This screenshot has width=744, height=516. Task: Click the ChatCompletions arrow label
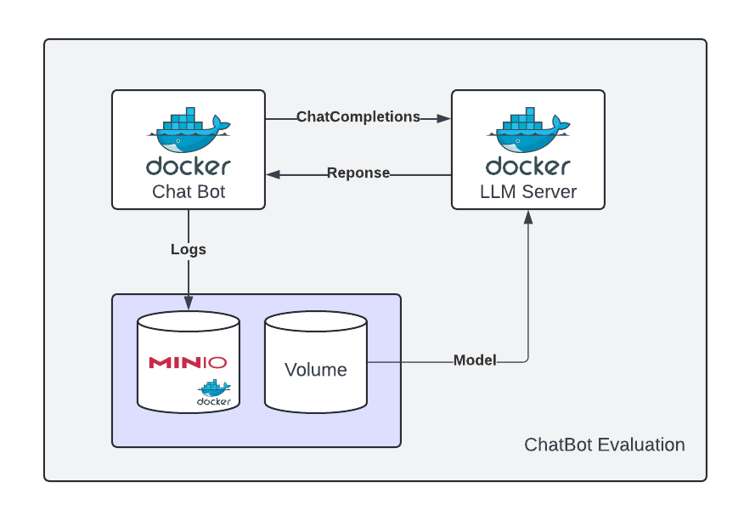point(358,117)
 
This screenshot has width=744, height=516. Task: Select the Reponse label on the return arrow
point(358,173)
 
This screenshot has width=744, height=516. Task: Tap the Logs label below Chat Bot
point(189,250)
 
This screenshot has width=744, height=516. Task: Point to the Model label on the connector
point(475,360)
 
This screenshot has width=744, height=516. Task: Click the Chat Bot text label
point(189,192)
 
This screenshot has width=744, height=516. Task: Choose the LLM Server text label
point(528,192)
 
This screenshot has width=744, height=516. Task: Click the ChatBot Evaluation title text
point(604,445)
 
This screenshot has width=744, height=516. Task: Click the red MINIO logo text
point(188,363)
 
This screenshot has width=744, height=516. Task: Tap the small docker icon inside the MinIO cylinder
point(214,392)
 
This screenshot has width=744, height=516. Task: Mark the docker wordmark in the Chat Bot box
point(189,166)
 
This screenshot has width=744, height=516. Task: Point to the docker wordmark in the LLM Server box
point(528,166)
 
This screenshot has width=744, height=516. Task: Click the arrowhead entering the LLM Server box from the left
point(444,118)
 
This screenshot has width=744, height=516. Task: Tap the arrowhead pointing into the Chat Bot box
point(273,174)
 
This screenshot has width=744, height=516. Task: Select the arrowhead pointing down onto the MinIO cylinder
point(189,303)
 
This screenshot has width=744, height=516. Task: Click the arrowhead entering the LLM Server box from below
point(528,216)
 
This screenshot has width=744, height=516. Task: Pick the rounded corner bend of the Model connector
point(526,360)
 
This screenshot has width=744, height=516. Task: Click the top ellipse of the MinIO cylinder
point(189,321)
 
